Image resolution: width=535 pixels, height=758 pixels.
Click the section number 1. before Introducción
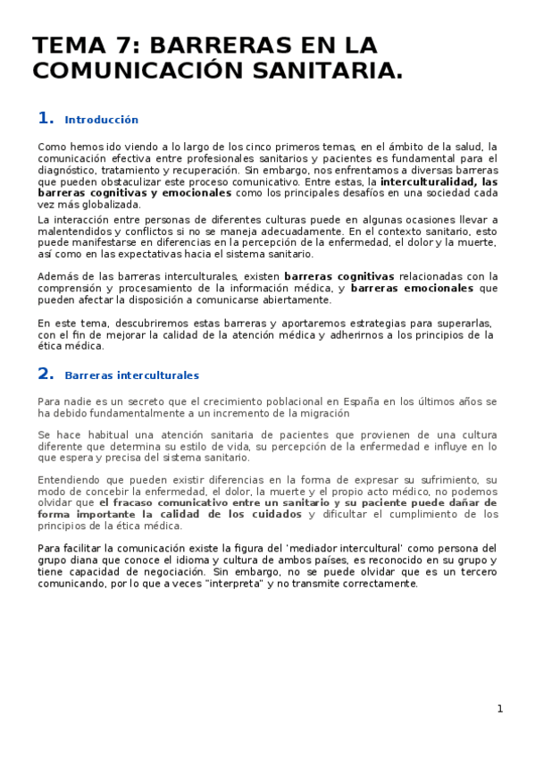46,118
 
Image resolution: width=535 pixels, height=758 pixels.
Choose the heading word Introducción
102,120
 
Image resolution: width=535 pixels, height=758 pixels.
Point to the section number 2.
46,374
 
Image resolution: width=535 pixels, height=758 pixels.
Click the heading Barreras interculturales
131,375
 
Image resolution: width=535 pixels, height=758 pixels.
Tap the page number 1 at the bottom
500,709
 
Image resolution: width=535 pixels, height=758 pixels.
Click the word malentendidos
74,230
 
